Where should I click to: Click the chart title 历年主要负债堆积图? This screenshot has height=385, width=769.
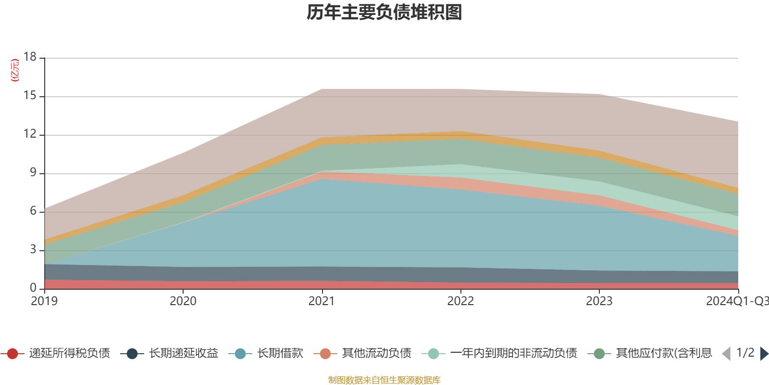point(384,13)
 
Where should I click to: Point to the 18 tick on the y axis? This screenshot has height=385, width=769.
point(30,57)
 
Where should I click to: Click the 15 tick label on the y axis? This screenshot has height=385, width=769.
point(30,96)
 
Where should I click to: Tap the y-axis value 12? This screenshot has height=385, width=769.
point(30,134)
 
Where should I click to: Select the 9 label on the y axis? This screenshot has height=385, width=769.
point(33,173)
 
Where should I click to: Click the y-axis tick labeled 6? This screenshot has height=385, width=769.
point(33,211)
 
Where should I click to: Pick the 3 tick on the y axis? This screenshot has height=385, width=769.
point(33,250)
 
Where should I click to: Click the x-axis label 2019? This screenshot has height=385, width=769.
point(44,301)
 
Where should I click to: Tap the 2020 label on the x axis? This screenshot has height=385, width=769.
point(183,301)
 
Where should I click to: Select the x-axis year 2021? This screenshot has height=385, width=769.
point(322,301)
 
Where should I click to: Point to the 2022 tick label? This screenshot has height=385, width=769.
point(460,301)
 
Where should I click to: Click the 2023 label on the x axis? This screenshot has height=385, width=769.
point(599,301)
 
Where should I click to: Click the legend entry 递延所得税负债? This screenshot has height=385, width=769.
point(69,354)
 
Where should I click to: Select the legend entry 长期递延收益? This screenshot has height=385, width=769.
point(183,354)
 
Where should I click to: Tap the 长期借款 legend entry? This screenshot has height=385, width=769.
point(280,354)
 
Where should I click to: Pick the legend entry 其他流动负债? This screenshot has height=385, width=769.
point(376,354)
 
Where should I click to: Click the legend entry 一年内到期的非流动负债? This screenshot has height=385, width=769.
point(513,354)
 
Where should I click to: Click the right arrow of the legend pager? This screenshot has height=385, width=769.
point(764,354)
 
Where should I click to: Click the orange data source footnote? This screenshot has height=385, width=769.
point(384,380)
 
